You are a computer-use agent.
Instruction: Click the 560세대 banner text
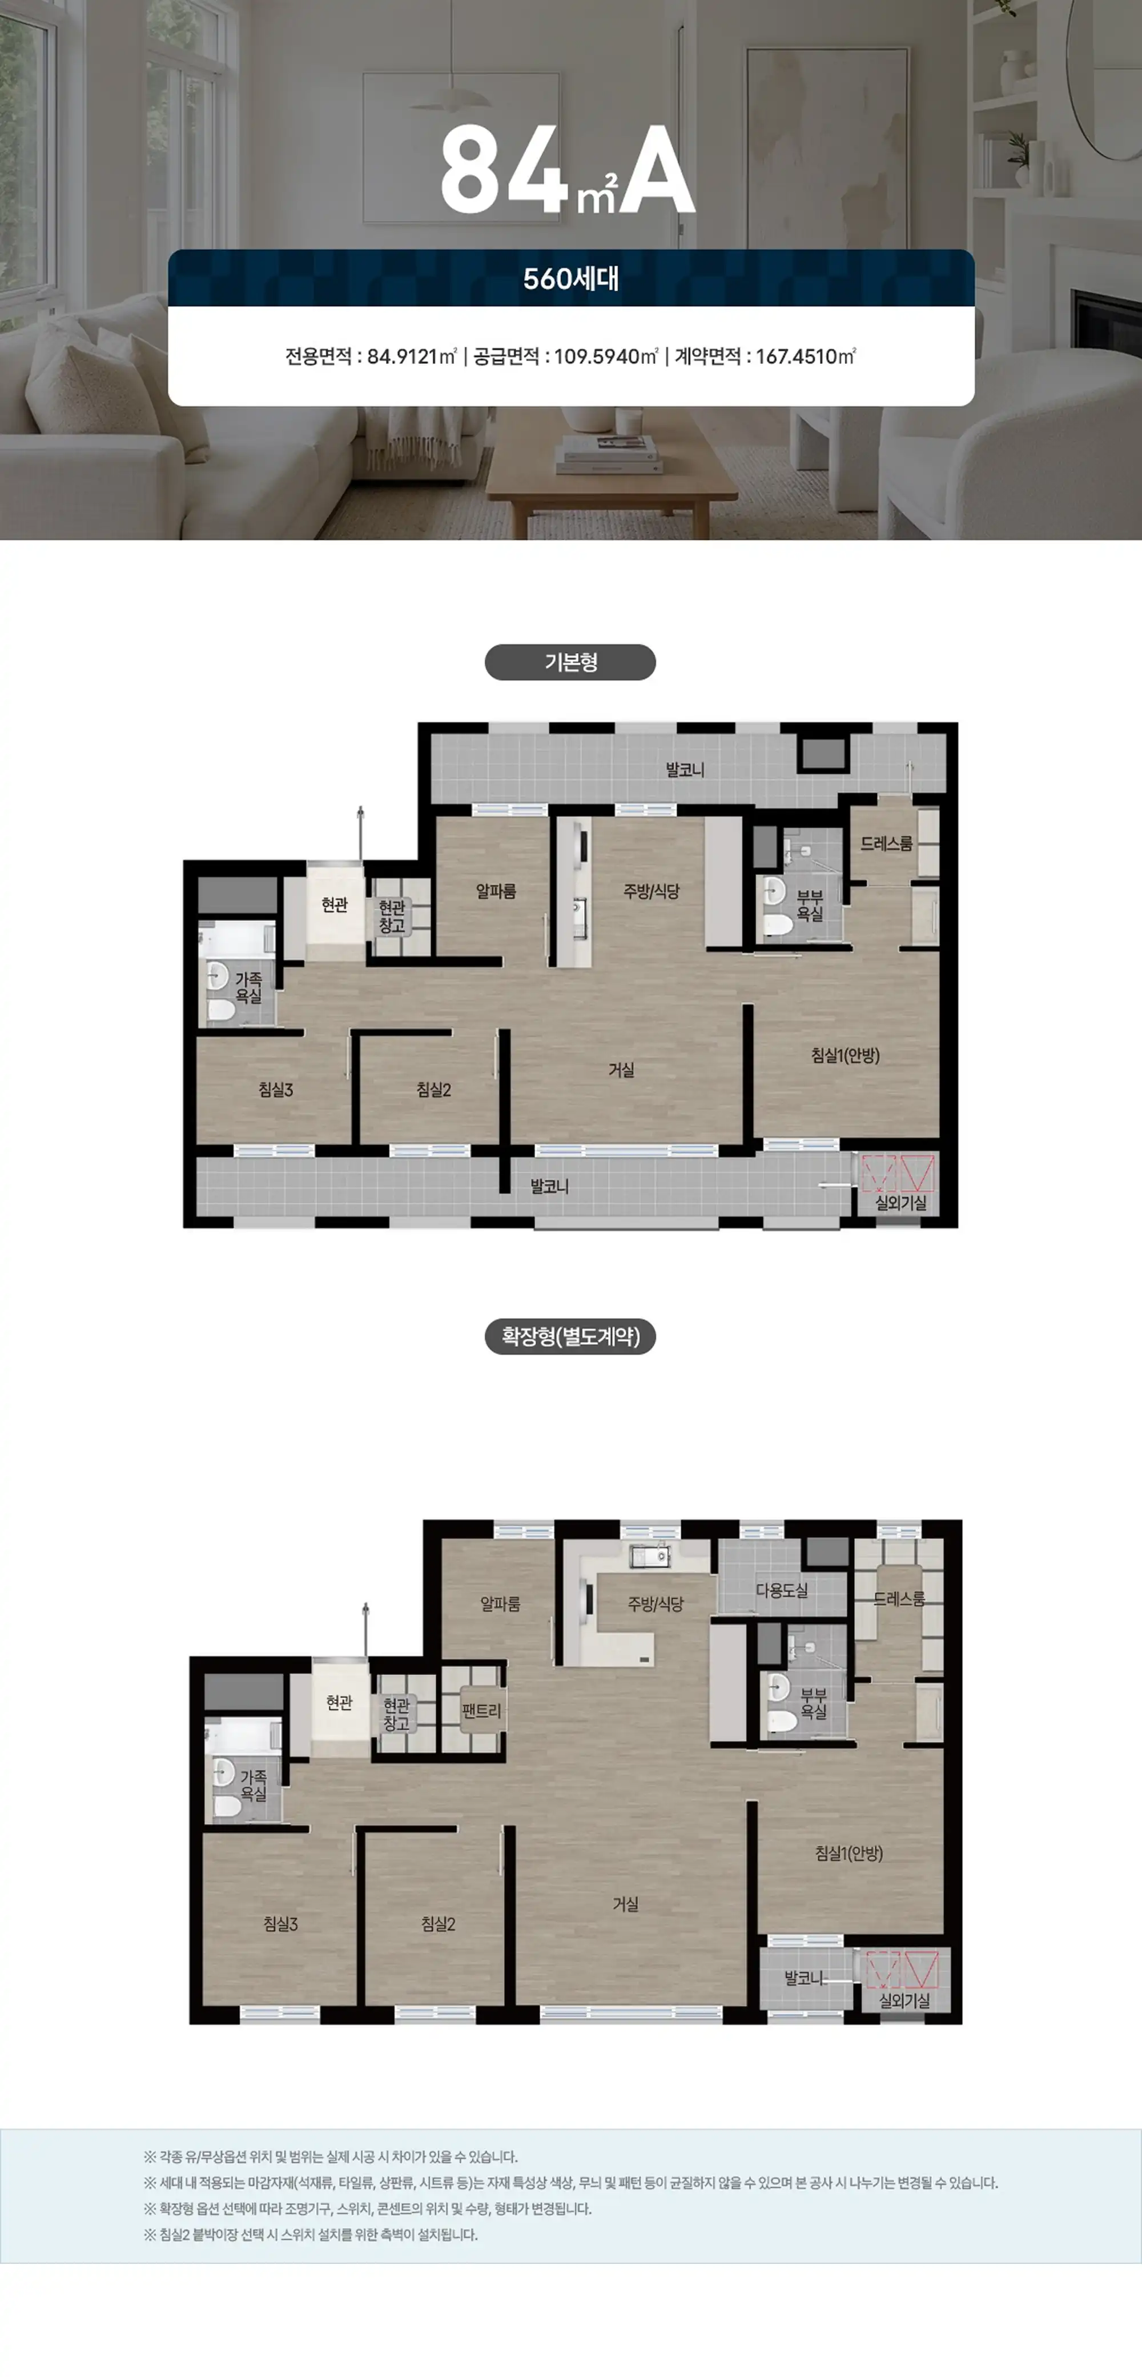(571, 279)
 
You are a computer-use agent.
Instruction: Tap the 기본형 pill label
(570, 662)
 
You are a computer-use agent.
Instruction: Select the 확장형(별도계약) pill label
(570, 1336)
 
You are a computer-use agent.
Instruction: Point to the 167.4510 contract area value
(805, 356)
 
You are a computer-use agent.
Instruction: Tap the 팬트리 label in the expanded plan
(481, 1711)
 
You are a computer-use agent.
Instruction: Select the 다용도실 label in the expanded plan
(781, 1590)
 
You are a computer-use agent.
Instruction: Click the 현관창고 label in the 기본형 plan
(392, 917)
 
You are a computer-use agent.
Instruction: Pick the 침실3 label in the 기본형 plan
(276, 1090)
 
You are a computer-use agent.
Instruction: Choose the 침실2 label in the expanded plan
(438, 1924)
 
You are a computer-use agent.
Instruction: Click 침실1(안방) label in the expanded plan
(849, 1853)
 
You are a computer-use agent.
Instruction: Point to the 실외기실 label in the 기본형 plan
(901, 1203)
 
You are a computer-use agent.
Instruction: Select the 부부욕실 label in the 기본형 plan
(810, 905)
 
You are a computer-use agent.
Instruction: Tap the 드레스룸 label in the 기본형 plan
(887, 843)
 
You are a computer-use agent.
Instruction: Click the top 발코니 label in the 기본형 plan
(685, 770)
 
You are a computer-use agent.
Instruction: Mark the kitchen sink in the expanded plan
(650, 1558)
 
